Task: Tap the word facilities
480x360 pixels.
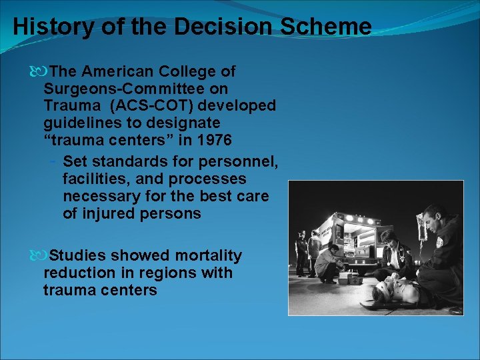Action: tap(97, 179)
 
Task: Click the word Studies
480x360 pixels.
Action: tap(78, 256)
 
